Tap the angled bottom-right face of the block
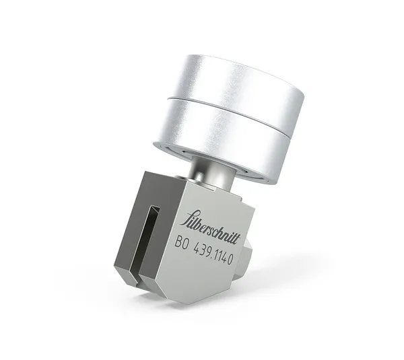click(x=215, y=283)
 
